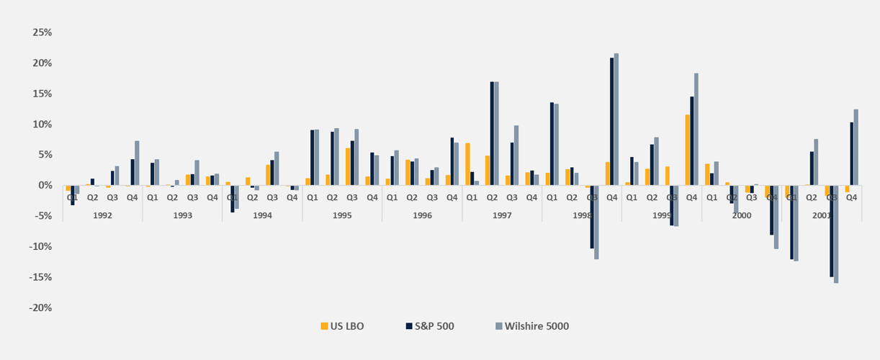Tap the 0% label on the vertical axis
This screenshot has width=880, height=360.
[45, 186]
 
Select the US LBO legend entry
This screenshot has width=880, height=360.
[342, 326]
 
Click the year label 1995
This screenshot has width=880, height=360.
[342, 215]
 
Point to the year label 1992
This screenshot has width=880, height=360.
[102, 215]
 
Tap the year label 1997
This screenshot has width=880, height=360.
[502, 215]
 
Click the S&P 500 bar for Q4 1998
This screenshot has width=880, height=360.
[612, 121]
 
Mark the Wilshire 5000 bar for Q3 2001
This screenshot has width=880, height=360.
[836, 234]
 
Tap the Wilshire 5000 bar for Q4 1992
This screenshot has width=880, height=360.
[137, 163]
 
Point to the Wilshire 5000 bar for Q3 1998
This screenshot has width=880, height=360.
[596, 222]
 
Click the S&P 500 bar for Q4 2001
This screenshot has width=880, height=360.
[851, 153]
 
